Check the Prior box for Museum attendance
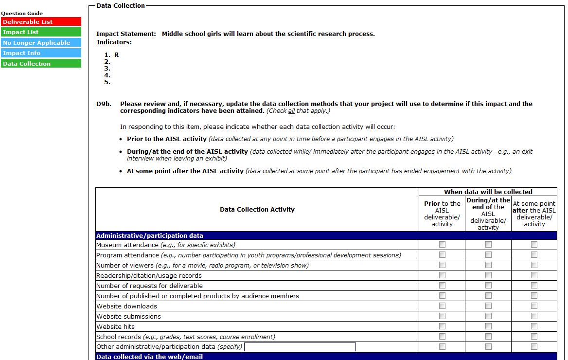[x=442, y=245]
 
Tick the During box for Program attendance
[x=488, y=255]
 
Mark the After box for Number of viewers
[x=534, y=265]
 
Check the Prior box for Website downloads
[x=442, y=306]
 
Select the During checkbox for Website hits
[x=488, y=326]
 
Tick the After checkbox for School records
[x=534, y=337]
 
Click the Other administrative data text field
[x=300, y=347]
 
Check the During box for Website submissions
[x=488, y=316]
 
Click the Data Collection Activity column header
[x=257, y=210]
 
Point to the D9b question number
[x=104, y=104]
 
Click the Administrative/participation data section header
[x=150, y=236]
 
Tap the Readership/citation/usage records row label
[x=149, y=276]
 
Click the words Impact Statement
[x=126, y=34]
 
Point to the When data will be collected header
[x=488, y=192]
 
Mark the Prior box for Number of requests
[x=442, y=286]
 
